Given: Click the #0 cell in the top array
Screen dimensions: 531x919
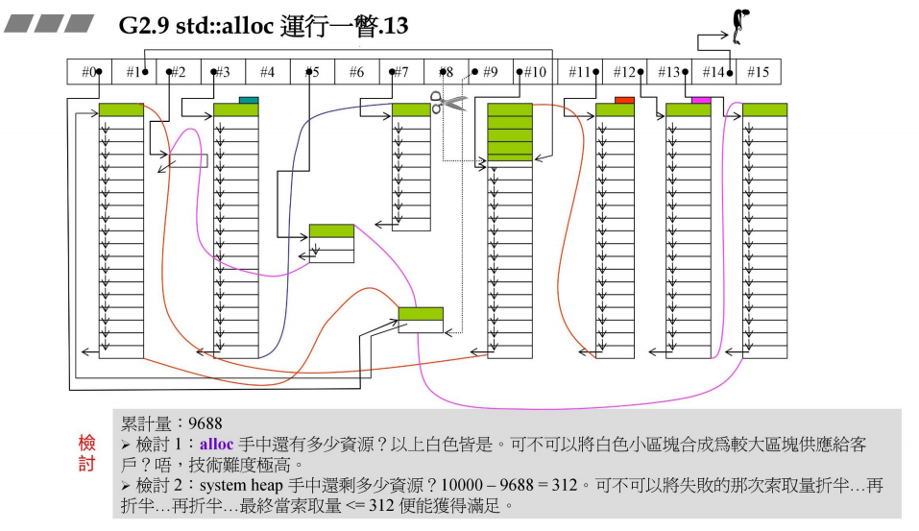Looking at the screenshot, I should point(89,72).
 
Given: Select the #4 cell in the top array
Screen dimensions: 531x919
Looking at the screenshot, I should point(267,72).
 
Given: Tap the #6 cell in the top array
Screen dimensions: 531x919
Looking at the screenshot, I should point(356,72).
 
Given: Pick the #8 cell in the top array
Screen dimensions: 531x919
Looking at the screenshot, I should point(446,72).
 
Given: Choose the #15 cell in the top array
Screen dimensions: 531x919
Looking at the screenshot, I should point(758,72).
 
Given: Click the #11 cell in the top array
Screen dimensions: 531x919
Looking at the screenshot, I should point(579,72).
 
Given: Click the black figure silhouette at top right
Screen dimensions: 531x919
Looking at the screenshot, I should point(739,26).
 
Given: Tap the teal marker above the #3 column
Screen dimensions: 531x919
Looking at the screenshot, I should point(249,100).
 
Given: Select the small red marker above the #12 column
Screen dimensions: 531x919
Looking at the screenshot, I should point(624,100).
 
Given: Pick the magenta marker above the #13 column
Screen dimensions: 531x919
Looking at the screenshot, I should point(700,100).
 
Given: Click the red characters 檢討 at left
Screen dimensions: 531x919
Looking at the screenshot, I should point(87,453).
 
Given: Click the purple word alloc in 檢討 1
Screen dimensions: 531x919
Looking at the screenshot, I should point(216,445).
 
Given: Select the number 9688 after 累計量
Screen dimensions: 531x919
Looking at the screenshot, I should point(206,423).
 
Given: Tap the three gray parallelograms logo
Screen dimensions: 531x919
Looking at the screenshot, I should point(48,23).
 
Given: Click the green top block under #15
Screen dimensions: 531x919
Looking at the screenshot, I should point(764,110).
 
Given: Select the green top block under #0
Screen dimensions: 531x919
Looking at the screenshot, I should point(121,110).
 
